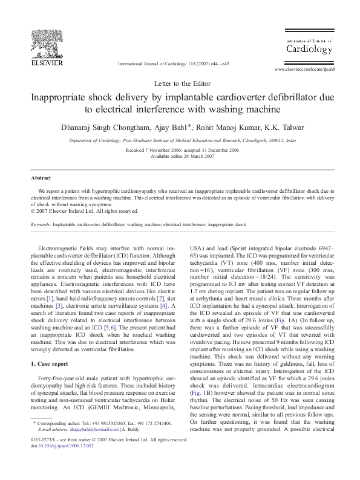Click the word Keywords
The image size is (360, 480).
(x=42, y=224)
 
